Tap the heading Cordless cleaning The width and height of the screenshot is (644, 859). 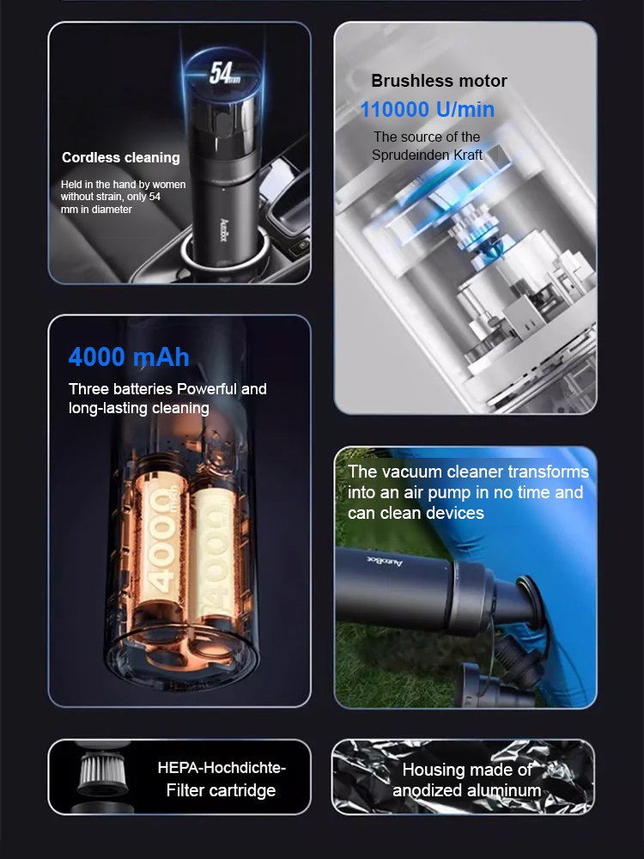[x=121, y=157]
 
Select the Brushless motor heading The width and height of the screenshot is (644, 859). [x=439, y=81]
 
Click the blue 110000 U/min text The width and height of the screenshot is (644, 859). [x=427, y=110]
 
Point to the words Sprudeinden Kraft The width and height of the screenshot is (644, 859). [x=427, y=155]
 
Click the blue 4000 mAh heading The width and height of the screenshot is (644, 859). [x=129, y=356]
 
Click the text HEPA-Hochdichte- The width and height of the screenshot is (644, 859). [x=222, y=767]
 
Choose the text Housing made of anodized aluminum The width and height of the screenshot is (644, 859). [x=467, y=780]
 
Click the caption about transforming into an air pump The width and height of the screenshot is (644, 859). [x=468, y=492]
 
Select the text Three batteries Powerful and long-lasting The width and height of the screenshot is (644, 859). [x=167, y=399]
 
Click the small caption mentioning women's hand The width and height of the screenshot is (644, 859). [x=123, y=197]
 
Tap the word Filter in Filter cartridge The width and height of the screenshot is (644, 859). [x=188, y=789]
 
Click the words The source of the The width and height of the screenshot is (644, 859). [x=427, y=137]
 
